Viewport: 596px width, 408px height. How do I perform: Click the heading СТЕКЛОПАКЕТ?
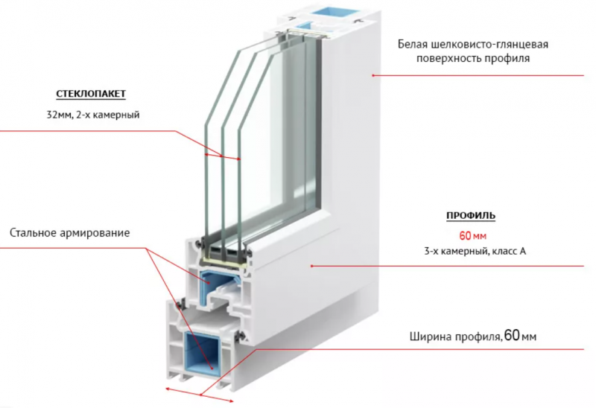(91, 94)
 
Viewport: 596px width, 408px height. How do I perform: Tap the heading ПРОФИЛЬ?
(471, 216)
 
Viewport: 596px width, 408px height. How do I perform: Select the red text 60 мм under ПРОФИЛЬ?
(473, 236)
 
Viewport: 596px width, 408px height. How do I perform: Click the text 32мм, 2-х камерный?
(93, 115)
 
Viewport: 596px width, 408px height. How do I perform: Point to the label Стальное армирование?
(69, 232)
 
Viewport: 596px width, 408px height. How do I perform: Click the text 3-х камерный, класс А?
(475, 251)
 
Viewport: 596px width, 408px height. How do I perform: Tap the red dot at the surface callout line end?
(373, 75)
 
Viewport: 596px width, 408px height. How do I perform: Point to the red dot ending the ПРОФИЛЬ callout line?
(311, 266)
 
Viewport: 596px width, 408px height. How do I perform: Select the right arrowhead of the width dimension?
(230, 400)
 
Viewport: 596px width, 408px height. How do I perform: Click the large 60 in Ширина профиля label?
(513, 335)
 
